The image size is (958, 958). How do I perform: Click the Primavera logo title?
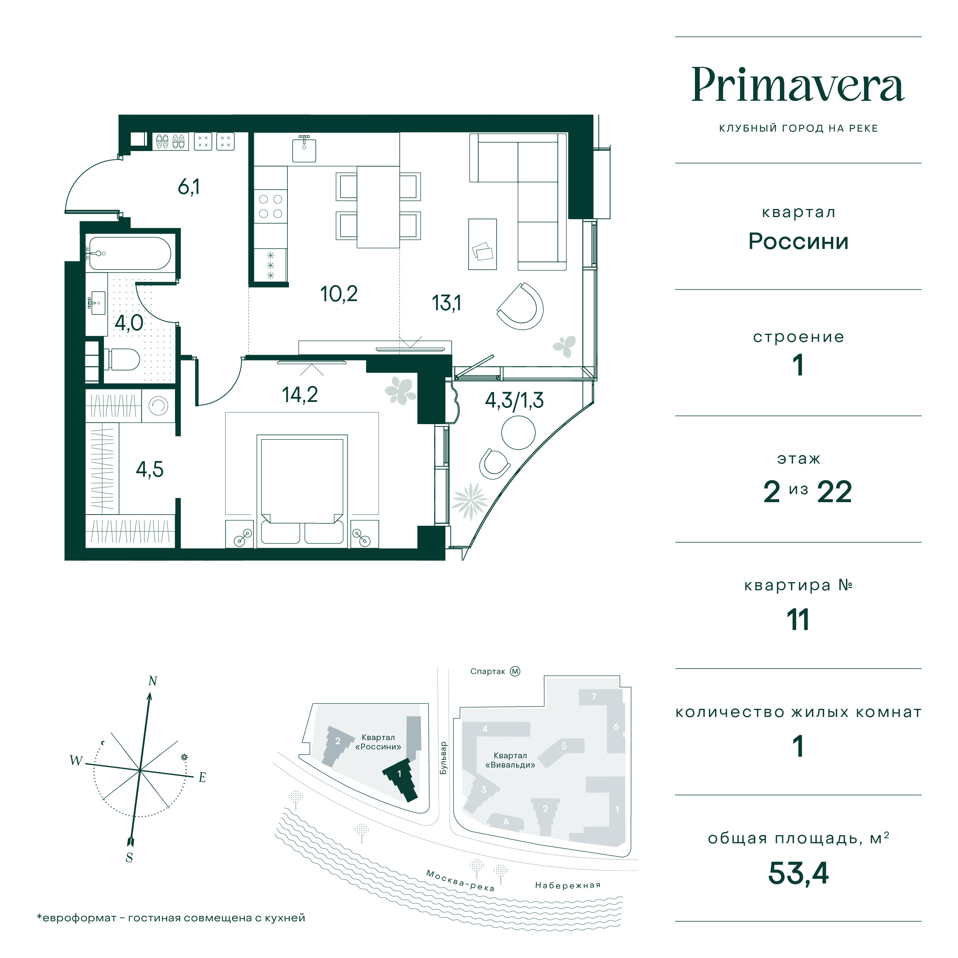coord(798,85)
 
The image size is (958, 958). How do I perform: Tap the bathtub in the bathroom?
coord(129,253)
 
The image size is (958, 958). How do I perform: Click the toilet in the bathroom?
coord(121,359)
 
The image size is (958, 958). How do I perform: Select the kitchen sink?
coord(304,149)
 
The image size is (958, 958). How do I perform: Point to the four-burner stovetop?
coord(271,206)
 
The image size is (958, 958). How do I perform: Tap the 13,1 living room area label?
coord(446,303)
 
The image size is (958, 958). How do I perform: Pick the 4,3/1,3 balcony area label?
coord(514,400)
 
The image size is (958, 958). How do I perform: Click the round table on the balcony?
coord(518,432)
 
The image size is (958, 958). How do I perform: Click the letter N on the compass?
coord(153,681)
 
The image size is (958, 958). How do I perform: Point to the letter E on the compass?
coord(202,778)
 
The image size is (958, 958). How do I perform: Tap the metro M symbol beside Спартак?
coord(515,671)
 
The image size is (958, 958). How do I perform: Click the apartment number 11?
coord(798,620)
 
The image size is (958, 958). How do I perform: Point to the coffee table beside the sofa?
coord(482,245)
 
